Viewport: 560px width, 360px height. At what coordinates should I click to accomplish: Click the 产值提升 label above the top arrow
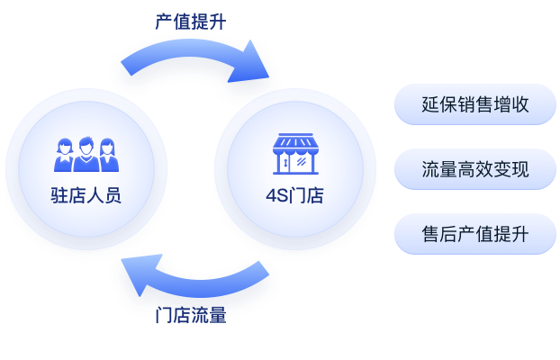190,22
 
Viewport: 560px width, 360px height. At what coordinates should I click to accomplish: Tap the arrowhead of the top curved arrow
257,71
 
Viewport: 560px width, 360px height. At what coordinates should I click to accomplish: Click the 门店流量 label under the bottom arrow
190,316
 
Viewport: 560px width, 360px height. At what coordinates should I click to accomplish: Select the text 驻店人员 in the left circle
86,195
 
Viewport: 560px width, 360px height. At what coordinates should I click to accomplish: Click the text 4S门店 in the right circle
294,195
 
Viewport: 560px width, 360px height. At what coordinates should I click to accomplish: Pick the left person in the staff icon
65,157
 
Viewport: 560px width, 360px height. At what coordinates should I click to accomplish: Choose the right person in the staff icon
107,157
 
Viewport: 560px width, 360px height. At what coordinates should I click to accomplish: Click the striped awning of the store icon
294,142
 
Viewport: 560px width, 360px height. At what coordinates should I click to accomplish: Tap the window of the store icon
303,162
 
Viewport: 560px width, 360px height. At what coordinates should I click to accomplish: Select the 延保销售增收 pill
474,104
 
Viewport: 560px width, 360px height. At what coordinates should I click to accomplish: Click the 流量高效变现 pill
474,169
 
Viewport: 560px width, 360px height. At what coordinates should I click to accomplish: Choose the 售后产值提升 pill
474,234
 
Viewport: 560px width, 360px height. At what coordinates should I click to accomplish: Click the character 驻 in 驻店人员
59,195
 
